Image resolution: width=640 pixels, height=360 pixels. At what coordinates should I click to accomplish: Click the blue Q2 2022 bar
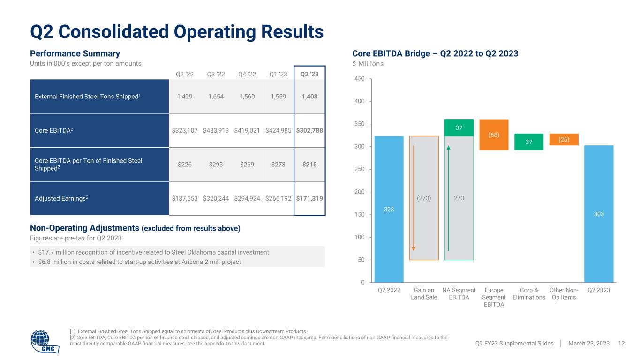click(389, 209)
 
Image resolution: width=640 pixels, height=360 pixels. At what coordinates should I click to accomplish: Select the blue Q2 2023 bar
click(599, 214)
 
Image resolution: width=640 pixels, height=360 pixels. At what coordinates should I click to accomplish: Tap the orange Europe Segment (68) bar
click(494, 135)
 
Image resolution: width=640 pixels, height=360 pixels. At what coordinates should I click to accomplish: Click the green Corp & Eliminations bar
click(529, 142)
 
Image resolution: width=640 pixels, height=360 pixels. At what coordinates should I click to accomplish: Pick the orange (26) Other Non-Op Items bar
click(564, 139)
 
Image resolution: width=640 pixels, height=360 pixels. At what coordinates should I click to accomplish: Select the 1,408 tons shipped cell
click(309, 96)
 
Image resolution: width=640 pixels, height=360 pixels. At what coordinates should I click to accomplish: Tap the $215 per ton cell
click(309, 164)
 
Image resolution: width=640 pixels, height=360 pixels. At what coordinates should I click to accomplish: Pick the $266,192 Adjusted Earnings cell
click(279, 198)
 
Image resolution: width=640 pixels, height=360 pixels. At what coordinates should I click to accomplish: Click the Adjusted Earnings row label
click(61, 198)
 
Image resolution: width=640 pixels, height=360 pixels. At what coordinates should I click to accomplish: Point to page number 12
click(622, 344)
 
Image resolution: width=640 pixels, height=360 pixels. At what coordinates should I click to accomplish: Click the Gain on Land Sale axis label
click(424, 293)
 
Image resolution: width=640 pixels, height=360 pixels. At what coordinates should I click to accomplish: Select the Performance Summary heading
click(75, 53)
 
